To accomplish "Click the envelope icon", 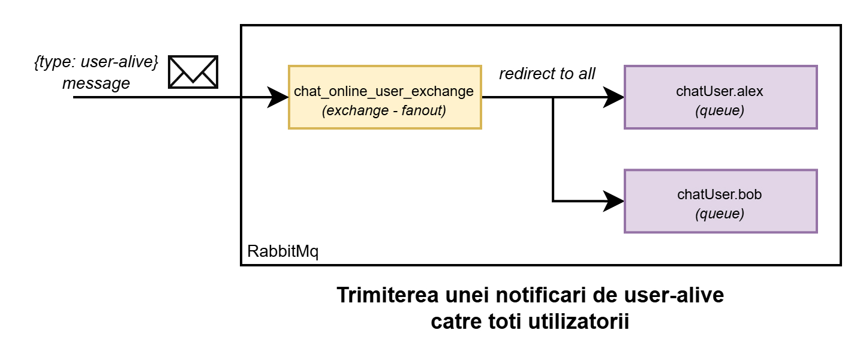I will click(192, 71).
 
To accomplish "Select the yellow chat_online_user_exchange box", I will click(384, 97).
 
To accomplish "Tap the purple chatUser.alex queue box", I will click(720, 97).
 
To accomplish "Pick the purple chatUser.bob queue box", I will click(720, 201).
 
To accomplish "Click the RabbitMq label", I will click(282, 251).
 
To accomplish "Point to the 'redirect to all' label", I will click(547, 74).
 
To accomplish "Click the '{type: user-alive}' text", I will click(96, 62).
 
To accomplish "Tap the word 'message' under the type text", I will click(96, 83).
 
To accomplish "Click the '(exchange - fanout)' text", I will click(384, 111).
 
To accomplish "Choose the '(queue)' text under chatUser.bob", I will click(720, 214).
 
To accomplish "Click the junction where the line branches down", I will click(553, 97).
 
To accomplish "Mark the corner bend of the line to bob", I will click(553, 201).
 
